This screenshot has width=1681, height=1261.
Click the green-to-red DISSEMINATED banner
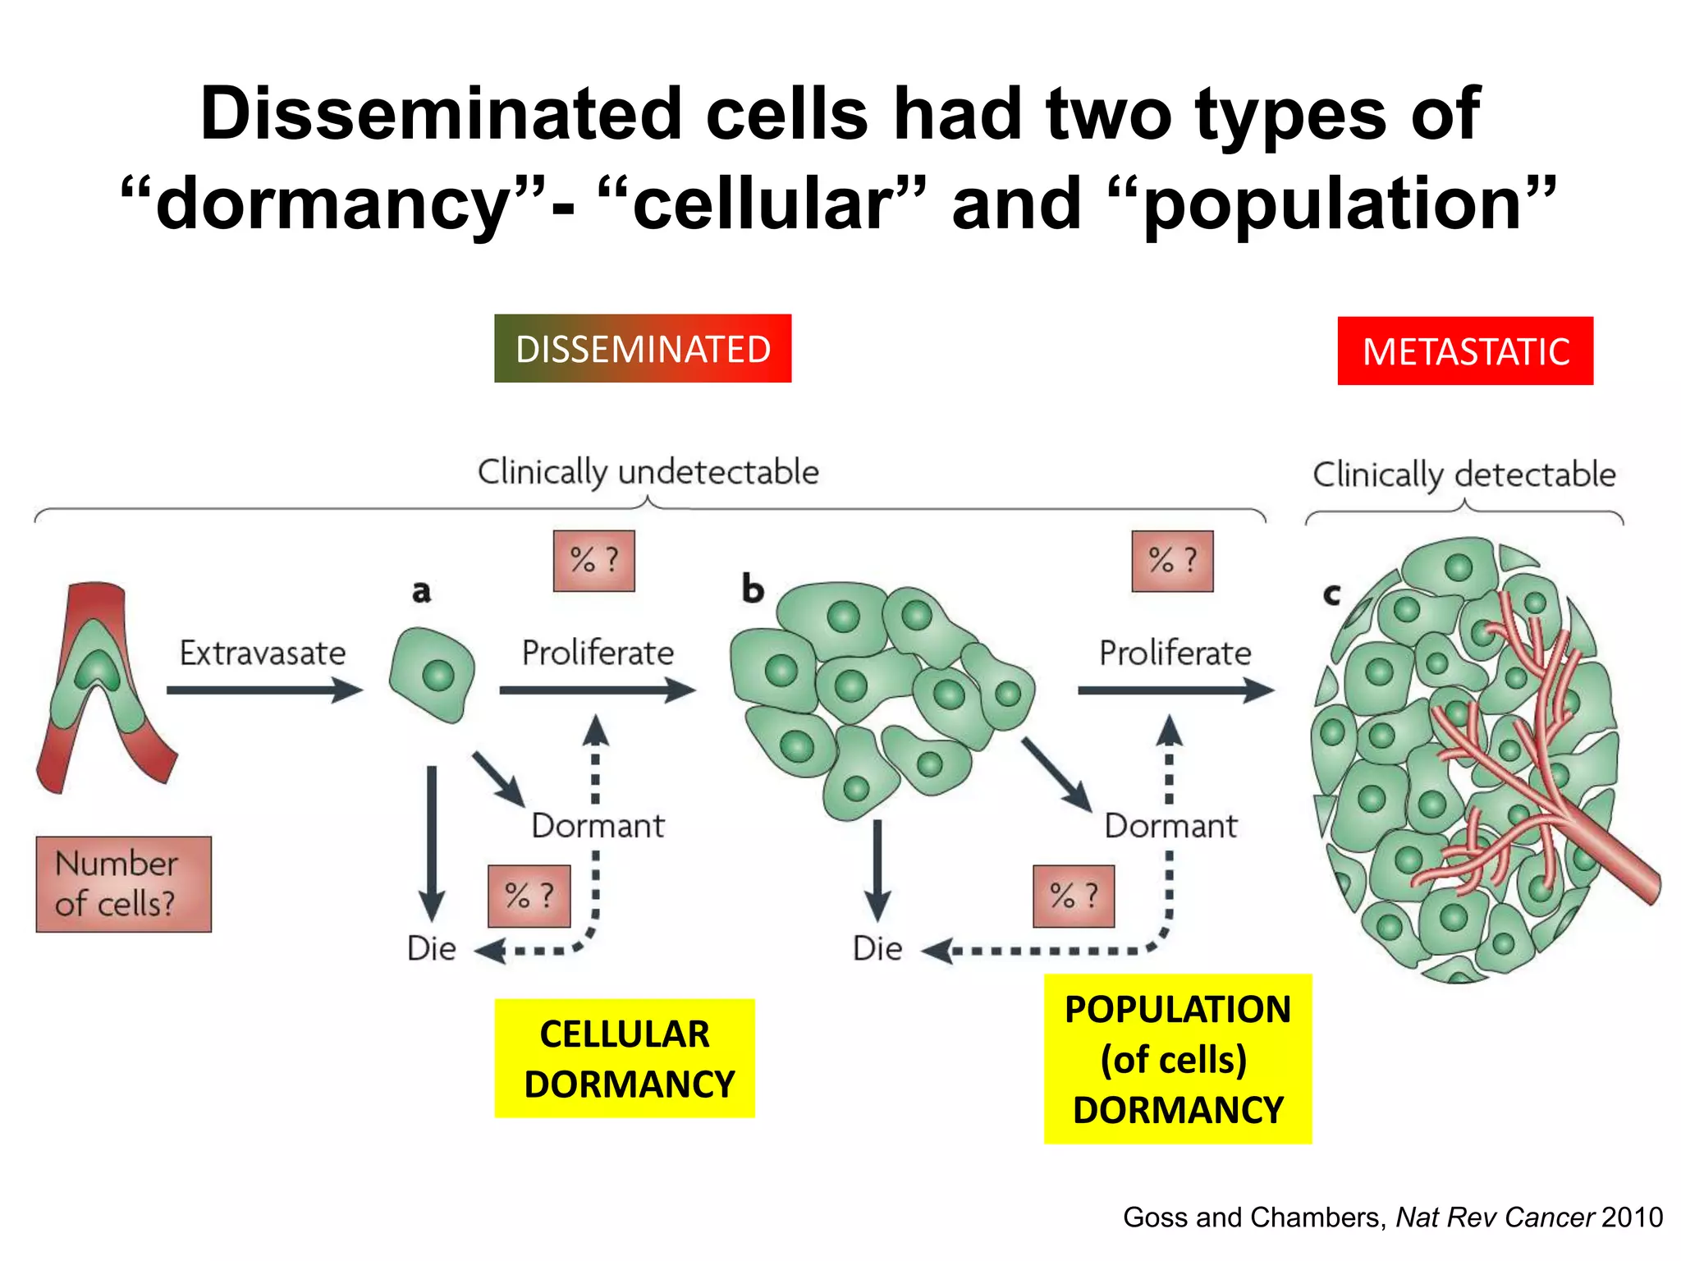click(x=643, y=349)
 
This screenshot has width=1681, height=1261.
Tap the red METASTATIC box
click(x=1465, y=351)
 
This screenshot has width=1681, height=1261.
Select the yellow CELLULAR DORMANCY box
click(x=625, y=1058)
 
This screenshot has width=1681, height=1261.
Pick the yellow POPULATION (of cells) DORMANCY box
click(x=1177, y=1059)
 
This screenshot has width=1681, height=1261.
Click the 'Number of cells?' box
click(x=123, y=884)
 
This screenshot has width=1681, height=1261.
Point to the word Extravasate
click(x=263, y=653)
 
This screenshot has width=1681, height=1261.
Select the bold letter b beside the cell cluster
click(x=753, y=589)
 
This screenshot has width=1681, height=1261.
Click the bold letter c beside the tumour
click(x=1331, y=594)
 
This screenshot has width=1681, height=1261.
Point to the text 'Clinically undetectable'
click(x=648, y=472)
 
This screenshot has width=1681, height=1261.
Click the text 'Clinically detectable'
click(x=1464, y=475)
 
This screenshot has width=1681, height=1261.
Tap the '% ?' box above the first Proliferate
click(x=594, y=561)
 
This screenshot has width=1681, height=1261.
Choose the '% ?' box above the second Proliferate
click(x=1172, y=561)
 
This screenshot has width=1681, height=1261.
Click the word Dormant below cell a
click(x=598, y=825)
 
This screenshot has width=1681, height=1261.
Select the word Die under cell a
click(x=432, y=948)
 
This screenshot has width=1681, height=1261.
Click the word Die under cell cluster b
click(x=877, y=948)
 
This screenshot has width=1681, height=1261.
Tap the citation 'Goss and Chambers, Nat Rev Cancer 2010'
click(x=1392, y=1217)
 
